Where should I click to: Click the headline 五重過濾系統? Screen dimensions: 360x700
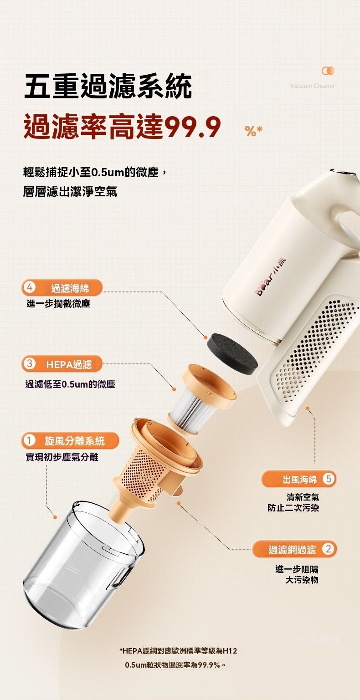pyautogui.click(x=108, y=86)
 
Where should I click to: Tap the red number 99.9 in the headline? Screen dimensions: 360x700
pyautogui.click(x=193, y=127)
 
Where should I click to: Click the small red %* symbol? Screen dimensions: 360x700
pyautogui.click(x=254, y=131)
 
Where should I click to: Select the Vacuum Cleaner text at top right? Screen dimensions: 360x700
pyautogui.click(x=312, y=86)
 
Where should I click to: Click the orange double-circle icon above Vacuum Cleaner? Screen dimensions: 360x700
pyautogui.click(x=328, y=71)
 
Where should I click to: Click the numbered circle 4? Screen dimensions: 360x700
pyautogui.click(x=29, y=287)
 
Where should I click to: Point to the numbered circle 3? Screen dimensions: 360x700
pyautogui.click(x=29, y=364)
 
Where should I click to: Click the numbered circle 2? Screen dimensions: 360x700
pyautogui.click(x=329, y=549)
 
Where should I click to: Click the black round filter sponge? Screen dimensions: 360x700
pyautogui.click(x=232, y=354)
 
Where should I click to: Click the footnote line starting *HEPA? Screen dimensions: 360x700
pyautogui.click(x=179, y=651)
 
